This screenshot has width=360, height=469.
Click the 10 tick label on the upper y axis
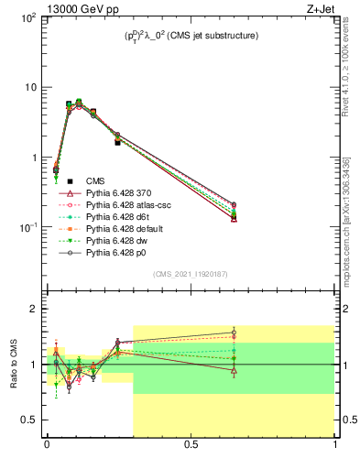click(28, 88)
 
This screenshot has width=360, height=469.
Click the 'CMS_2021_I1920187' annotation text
click(191, 275)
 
